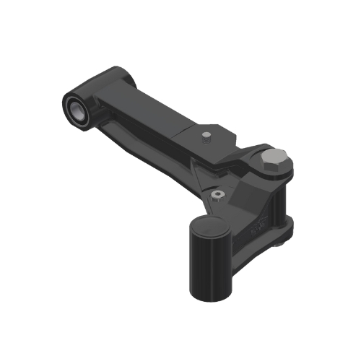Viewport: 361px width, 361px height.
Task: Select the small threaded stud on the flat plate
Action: coord(206,135)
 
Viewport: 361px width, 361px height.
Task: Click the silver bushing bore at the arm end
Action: coord(75,108)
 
